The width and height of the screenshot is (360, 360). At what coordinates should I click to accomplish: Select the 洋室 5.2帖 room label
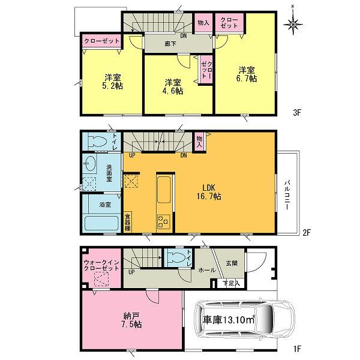click(110, 82)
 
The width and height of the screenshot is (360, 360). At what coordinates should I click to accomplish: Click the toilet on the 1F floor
click(176, 259)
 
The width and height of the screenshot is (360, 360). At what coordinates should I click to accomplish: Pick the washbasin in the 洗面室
click(90, 165)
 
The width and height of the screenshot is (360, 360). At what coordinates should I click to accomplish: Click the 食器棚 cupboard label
click(127, 222)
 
